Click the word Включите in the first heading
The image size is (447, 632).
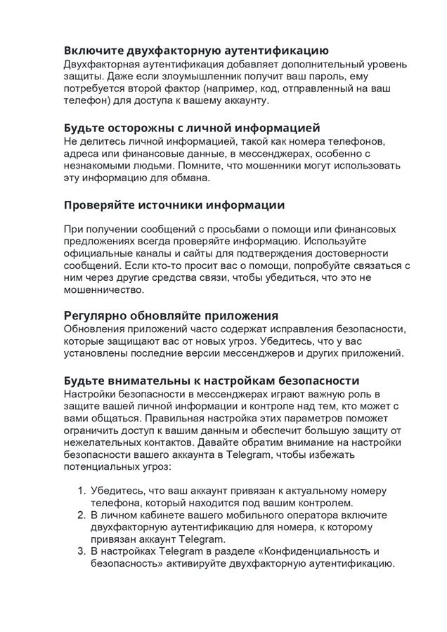93,51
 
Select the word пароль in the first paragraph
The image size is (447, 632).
341,76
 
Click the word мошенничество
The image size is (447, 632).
103,289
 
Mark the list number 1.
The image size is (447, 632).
80,491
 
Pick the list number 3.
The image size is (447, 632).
80,551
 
